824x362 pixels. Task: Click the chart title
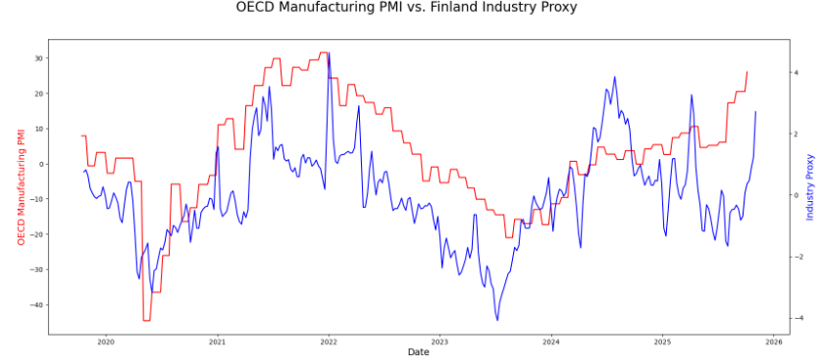[x=407, y=8]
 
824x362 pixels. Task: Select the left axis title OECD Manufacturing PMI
[x=21, y=185]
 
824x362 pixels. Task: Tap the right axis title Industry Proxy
[x=810, y=186]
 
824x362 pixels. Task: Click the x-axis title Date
[x=418, y=352]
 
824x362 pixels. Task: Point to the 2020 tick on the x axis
[x=106, y=341]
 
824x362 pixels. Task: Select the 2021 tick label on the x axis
[x=217, y=341]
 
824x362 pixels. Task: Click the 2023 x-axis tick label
[x=439, y=341]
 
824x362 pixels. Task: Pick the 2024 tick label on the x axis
[x=550, y=341]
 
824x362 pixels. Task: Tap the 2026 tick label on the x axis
[x=773, y=341]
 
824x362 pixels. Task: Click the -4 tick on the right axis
[x=798, y=318]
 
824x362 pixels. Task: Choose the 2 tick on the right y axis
[x=797, y=133]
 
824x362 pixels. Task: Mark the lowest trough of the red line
[x=146, y=320]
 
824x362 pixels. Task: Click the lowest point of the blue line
[x=497, y=320]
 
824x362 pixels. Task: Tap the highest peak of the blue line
[x=328, y=53]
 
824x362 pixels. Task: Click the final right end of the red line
[x=747, y=71]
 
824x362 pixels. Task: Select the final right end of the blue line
[x=755, y=111]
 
